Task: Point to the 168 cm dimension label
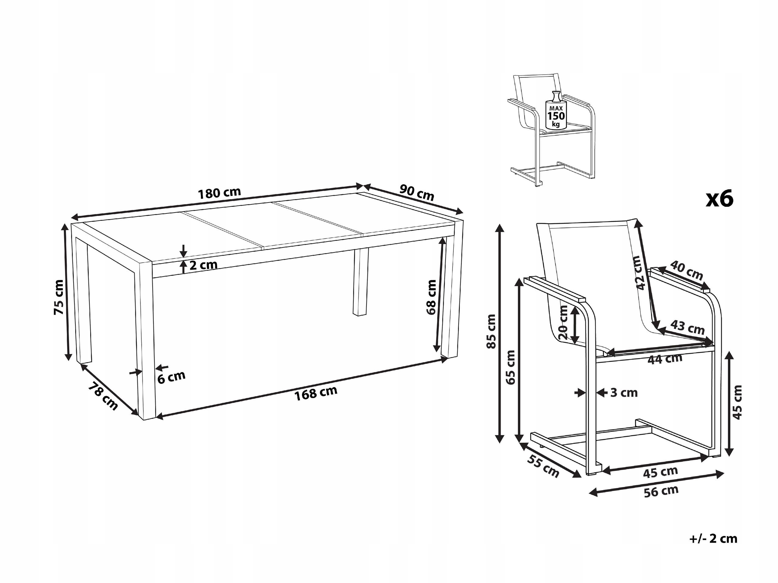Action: point(315,393)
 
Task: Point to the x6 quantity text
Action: point(720,199)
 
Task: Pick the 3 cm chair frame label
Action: point(624,393)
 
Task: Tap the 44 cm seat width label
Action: point(665,359)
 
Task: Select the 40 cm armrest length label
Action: point(686,270)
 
